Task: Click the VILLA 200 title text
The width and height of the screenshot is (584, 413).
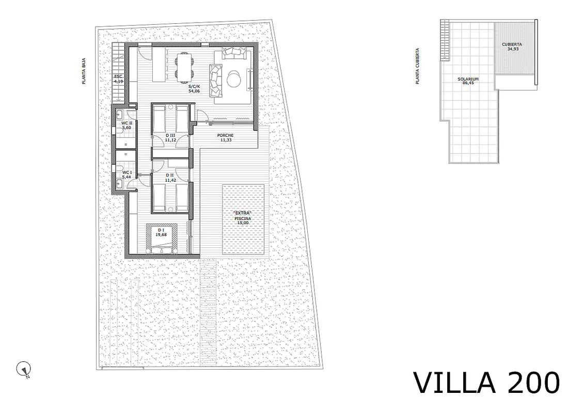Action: [x=486, y=383]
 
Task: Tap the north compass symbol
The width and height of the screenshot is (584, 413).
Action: [x=24, y=370]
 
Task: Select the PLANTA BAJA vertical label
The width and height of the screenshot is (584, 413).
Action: [x=84, y=71]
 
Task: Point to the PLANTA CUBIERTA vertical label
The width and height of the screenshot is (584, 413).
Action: [x=418, y=66]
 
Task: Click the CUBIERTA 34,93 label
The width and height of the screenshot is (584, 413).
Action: [x=512, y=46]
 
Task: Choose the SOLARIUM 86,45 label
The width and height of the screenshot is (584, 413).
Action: [x=468, y=81]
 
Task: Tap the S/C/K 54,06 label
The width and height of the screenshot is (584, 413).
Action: [x=194, y=88]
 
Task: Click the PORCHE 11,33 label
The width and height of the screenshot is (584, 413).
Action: [x=226, y=138]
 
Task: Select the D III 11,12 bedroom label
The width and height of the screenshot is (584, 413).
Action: [x=170, y=138]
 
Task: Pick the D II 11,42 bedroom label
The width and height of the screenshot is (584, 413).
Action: [x=170, y=178]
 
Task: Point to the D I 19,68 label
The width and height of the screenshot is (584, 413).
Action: [x=161, y=232]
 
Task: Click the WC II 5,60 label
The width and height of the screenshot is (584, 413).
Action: [x=127, y=125]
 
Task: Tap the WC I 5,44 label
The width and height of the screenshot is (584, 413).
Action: [x=127, y=174]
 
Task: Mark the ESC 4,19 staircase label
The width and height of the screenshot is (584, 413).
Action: [x=118, y=78]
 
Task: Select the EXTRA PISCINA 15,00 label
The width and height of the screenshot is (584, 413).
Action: [x=243, y=218]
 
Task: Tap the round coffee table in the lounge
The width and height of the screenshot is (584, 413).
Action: [x=234, y=78]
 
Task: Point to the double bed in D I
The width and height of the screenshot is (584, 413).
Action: [x=162, y=239]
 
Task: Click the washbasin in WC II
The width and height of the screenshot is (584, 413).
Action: [x=120, y=114]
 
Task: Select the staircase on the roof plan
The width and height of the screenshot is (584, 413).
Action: [x=445, y=40]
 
